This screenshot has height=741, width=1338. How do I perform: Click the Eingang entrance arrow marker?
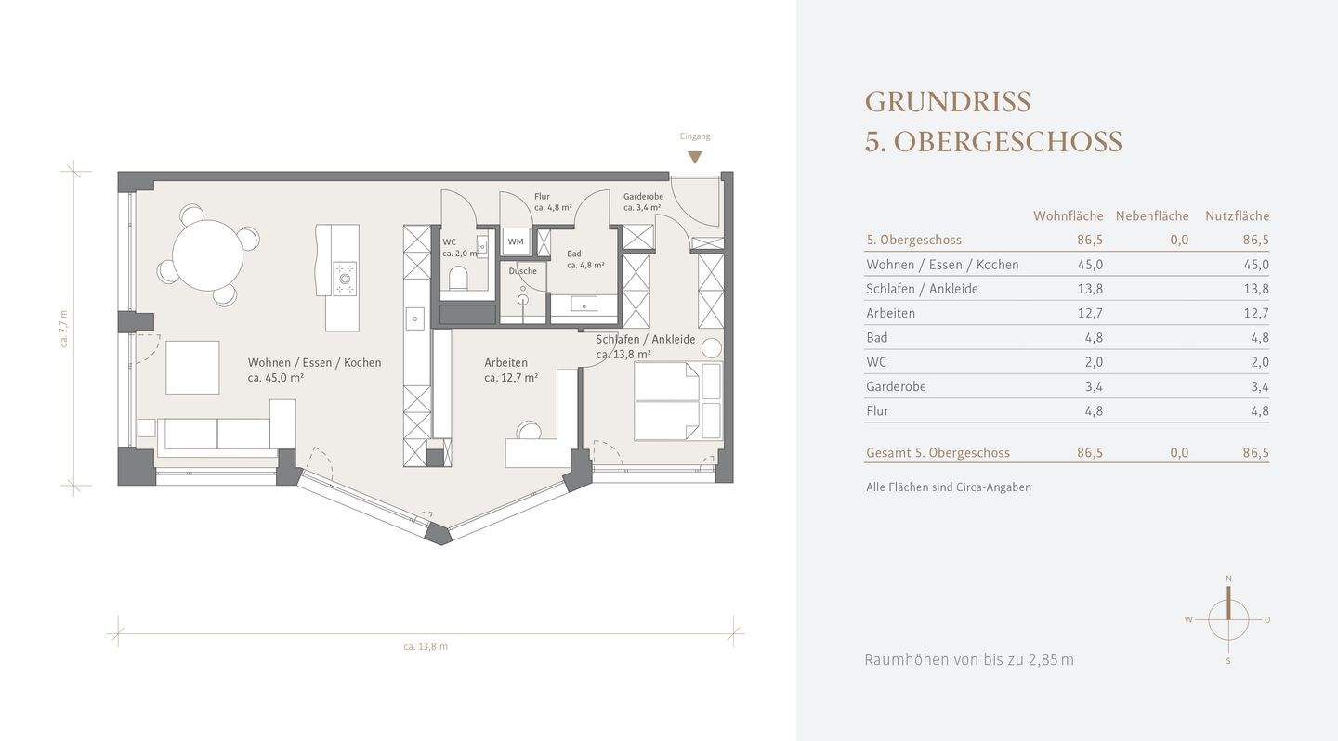tap(695, 158)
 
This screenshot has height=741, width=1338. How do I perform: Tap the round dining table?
tap(207, 255)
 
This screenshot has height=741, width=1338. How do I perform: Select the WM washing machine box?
tap(516, 241)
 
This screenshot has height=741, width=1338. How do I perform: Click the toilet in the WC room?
tap(458, 278)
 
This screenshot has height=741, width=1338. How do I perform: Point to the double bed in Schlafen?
tap(666, 401)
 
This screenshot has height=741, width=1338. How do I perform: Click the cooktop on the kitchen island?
tap(345, 278)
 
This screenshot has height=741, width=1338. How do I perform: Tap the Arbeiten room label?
tap(505, 363)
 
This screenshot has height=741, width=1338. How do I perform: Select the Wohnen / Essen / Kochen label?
tap(314, 363)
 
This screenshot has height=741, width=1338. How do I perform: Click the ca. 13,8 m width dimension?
tap(426, 646)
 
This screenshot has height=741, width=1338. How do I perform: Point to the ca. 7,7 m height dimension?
tap(63, 328)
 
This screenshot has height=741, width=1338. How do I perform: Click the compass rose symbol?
tap(1228, 619)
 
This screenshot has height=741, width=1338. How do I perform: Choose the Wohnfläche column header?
tap(1068, 215)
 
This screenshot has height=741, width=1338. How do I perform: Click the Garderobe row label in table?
tap(896, 386)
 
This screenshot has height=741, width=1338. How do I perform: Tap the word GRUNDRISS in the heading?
tap(948, 101)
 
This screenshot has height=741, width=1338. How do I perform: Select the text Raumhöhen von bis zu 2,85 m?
tap(968, 660)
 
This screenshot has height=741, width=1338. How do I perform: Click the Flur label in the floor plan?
tap(543, 197)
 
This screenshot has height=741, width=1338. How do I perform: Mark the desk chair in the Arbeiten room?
tap(529, 431)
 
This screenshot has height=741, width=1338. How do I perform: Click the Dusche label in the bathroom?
tap(522, 271)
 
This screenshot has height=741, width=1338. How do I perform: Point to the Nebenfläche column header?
tap(1152, 215)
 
